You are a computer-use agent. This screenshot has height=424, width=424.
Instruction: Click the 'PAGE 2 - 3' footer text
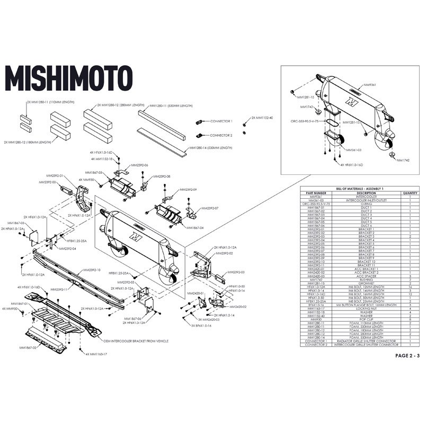[x=406, y=356]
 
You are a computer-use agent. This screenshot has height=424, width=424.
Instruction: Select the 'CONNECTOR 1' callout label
[x=222, y=121]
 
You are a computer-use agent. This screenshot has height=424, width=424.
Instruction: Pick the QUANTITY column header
[x=410, y=193]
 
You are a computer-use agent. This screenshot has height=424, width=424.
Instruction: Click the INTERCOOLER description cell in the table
[x=366, y=197]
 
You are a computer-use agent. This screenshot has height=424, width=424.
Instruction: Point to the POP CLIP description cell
[x=366, y=319]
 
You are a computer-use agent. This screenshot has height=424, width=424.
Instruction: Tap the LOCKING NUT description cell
[x=366, y=308]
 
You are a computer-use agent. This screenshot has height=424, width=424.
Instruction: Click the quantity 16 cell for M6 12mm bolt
[x=410, y=287]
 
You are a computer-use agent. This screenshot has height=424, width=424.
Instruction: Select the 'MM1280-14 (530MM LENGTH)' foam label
[x=211, y=148]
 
